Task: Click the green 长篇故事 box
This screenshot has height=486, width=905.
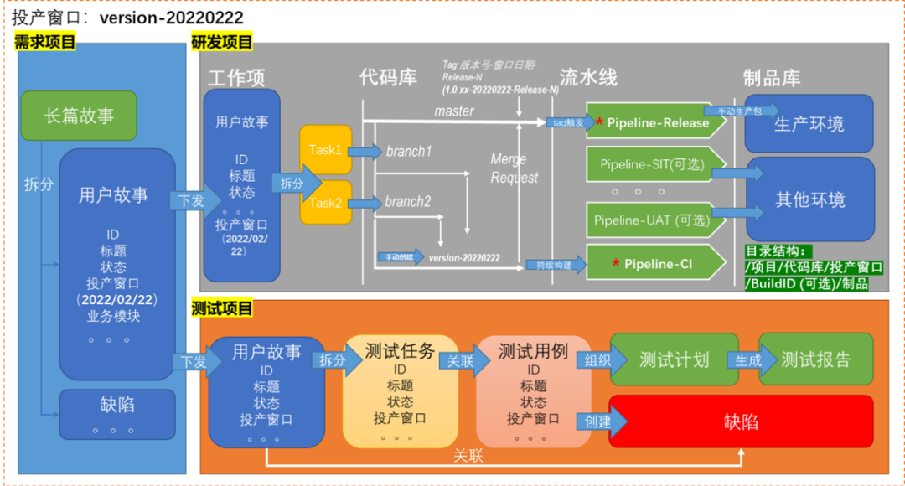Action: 79,116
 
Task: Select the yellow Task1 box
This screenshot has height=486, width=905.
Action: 325,150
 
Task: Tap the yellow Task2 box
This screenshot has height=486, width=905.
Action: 325,202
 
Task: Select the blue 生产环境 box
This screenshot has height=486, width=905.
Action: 809,124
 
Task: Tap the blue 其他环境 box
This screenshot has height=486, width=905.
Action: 809,199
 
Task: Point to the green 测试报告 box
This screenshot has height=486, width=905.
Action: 815,359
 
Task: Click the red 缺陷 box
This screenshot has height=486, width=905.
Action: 741,421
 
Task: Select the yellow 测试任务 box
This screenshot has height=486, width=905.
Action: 400,390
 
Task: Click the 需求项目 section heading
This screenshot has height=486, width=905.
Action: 45,43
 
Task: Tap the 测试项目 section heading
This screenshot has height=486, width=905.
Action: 222,308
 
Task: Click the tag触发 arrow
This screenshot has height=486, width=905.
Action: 566,122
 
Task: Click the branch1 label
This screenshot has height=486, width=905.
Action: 409,152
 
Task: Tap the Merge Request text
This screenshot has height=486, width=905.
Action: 514,168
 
